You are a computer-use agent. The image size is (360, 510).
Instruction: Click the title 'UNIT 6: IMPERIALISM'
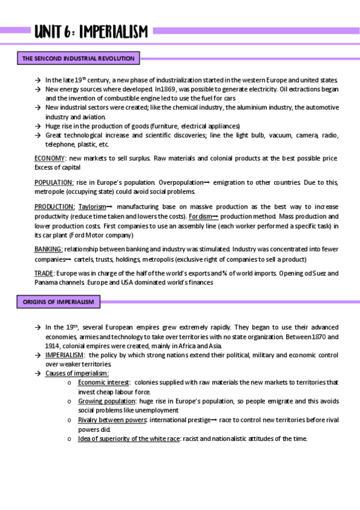click(90, 31)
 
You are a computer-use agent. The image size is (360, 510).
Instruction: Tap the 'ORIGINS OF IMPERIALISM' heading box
click(58, 301)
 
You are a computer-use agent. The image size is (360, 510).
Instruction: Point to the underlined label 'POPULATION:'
click(54, 182)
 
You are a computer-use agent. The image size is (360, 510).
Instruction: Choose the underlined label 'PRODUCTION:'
click(55, 207)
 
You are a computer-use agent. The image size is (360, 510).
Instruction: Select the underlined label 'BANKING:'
click(49, 249)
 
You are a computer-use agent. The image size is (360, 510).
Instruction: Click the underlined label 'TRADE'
click(44, 274)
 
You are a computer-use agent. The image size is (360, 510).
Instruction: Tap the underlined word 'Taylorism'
click(92, 207)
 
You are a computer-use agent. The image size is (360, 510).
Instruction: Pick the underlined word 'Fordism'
click(200, 217)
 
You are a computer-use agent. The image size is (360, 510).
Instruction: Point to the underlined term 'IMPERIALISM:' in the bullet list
click(65, 355)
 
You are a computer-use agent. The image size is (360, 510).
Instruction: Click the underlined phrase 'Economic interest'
click(103, 382)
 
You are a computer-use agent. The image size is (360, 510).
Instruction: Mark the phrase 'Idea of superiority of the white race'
click(129, 438)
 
